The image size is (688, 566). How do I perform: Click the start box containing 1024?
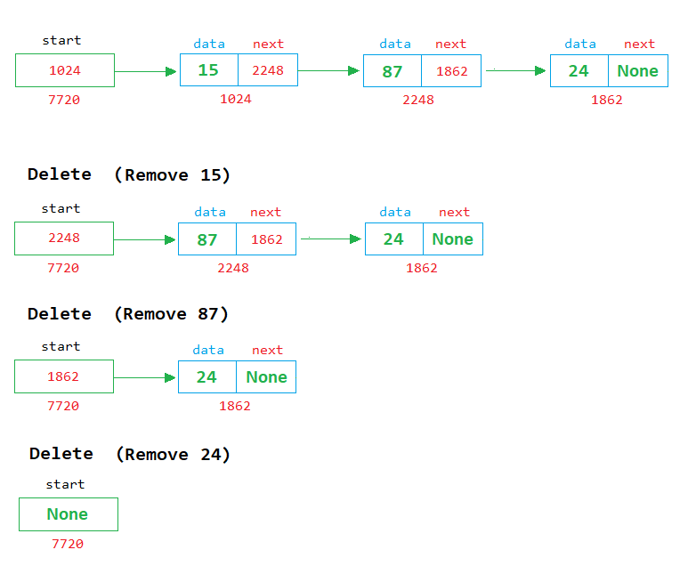(x=64, y=70)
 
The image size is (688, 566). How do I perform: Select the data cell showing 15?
(x=208, y=70)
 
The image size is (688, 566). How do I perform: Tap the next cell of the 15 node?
(x=267, y=70)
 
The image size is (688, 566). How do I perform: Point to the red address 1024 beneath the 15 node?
(x=236, y=99)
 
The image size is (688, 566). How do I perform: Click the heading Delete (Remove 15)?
(x=129, y=174)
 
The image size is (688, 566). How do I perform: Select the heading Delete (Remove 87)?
(x=128, y=314)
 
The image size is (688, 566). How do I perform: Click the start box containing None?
(x=68, y=514)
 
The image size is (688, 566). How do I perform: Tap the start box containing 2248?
(x=64, y=239)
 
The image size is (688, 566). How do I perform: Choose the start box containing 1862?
(x=64, y=376)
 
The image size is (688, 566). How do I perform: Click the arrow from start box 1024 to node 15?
(x=146, y=71)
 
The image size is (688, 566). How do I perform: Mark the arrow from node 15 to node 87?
(x=329, y=71)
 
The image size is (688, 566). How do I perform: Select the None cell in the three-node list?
(x=637, y=71)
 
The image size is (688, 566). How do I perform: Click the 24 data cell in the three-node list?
(x=579, y=71)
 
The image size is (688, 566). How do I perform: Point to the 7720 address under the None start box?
(x=68, y=544)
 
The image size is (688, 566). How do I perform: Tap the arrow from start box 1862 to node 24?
(x=145, y=377)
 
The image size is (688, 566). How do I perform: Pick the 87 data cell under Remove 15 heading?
(x=207, y=239)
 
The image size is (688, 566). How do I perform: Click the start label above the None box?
(x=65, y=484)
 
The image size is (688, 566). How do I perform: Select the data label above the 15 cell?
(x=209, y=44)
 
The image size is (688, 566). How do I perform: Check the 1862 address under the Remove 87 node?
(x=235, y=406)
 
